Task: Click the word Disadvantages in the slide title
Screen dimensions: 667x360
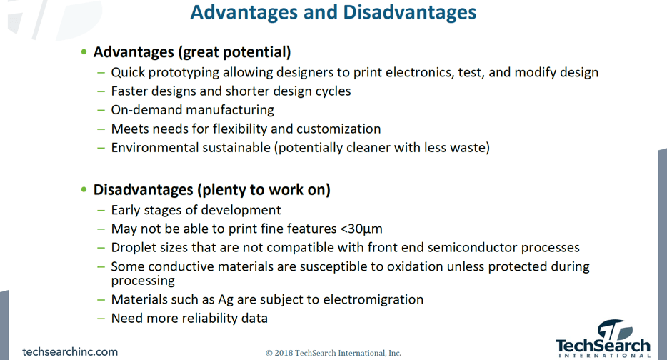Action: (x=410, y=12)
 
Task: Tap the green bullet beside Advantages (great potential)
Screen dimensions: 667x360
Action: (x=84, y=52)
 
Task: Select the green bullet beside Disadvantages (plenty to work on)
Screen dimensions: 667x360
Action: (x=84, y=189)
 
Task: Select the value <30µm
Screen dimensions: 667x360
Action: (x=361, y=229)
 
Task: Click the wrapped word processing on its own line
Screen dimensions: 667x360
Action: (x=143, y=281)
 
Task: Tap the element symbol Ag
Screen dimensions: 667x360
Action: (x=226, y=300)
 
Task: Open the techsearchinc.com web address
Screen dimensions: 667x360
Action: (x=70, y=352)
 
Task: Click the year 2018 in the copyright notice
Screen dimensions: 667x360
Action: (x=284, y=353)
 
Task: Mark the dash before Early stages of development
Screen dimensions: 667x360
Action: (x=101, y=210)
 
